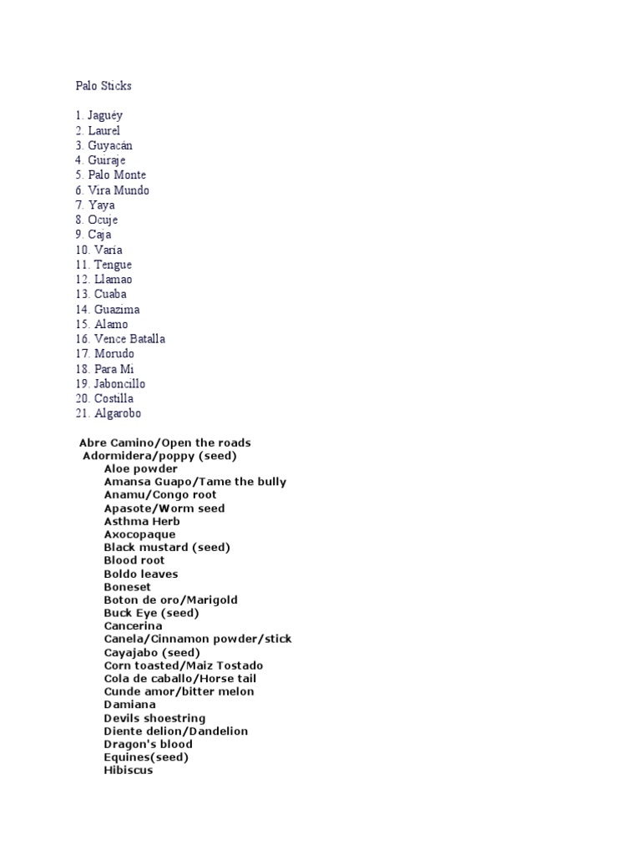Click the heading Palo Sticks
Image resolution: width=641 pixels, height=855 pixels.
coord(103,86)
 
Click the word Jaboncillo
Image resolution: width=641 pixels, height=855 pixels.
coord(119,384)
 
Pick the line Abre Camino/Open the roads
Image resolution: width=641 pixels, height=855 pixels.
coord(164,443)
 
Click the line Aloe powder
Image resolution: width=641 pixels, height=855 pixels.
coord(140,469)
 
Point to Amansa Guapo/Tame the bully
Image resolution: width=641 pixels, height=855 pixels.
coord(194,482)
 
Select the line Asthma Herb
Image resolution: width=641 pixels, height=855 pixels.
coord(142,522)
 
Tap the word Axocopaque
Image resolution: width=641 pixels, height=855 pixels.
coord(139,534)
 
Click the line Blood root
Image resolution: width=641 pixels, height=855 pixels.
coord(134,560)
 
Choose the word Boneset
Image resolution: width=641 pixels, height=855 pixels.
coord(127,587)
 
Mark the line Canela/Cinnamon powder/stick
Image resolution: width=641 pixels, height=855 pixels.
coord(198,639)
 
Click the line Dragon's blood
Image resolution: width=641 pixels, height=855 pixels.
coord(148,744)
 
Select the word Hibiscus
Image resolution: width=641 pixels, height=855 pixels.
coord(128,771)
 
